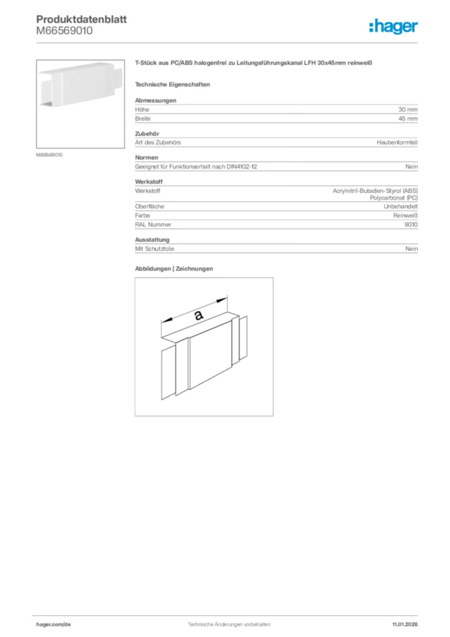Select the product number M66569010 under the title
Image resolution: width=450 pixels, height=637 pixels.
65,31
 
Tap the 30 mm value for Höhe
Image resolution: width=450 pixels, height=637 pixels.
408,109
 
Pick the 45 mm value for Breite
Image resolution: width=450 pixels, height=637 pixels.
408,118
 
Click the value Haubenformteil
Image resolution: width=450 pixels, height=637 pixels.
397,142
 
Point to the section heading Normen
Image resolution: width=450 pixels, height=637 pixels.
147,157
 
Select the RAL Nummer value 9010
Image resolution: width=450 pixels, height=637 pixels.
411,224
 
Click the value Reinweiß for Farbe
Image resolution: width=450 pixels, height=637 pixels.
405,215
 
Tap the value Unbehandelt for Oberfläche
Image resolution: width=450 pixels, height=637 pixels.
400,206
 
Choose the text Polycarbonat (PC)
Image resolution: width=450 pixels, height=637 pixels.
393,197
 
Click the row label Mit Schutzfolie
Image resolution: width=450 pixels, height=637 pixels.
155,248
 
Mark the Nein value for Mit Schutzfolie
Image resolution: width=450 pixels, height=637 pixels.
411,248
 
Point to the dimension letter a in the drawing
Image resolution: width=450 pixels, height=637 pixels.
198,315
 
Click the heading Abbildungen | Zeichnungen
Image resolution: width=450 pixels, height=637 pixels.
174,269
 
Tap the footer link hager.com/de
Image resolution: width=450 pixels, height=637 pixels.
55,623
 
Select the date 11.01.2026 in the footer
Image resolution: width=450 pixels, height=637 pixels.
405,623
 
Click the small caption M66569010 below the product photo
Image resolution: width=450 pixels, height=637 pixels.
49,154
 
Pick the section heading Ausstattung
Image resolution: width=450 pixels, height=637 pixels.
152,239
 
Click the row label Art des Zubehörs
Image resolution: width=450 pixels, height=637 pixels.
158,142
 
